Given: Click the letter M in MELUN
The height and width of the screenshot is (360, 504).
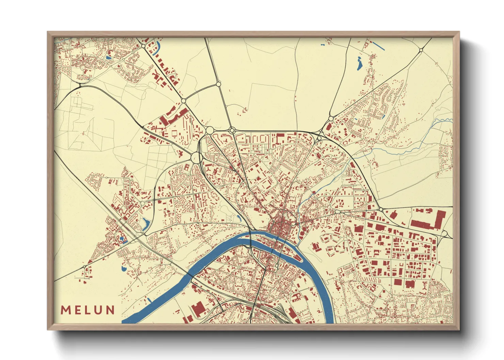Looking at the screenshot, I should tap(65, 310).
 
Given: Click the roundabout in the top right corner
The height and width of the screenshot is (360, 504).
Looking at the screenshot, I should tap(421, 50).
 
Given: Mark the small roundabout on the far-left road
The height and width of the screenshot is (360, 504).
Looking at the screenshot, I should tap(84, 267).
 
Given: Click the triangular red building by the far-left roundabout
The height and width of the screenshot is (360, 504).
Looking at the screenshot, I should tap(90, 262).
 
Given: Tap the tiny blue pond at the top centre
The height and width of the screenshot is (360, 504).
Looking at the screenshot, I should tap(322, 45).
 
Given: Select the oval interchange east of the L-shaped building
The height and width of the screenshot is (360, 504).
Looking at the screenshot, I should tap(445, 233).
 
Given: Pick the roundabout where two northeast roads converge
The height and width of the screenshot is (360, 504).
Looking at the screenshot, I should tap(331, 119).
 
